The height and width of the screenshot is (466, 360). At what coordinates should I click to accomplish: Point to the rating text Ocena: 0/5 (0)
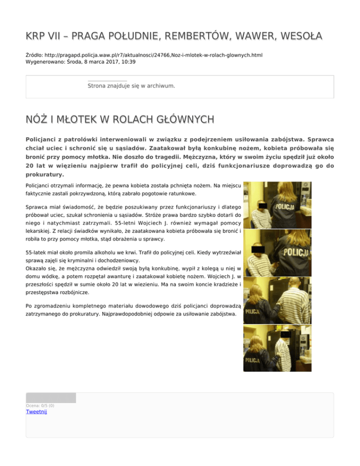tap(40, 405)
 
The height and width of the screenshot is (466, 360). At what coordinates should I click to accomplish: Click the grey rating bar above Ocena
tap(51, 398)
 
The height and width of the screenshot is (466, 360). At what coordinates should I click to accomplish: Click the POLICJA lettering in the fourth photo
tap(253, 360)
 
